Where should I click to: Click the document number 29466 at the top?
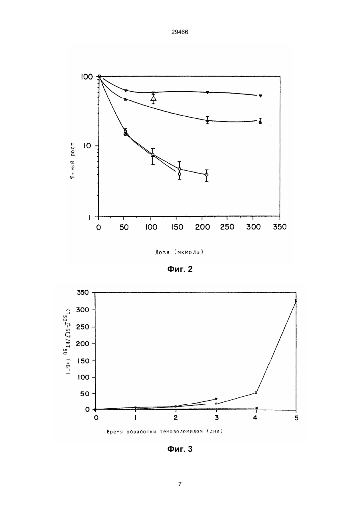[x=180, y=32]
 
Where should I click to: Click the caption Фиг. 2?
[x=180, y=269]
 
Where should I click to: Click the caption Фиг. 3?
[x=180, y=449]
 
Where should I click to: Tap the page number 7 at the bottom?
[x=180, y=484]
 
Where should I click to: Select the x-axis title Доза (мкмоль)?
[x=179, y=252]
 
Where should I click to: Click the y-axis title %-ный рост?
[x=72, y=160]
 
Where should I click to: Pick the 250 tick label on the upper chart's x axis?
[x=227, y=227]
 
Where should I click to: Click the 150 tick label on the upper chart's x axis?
[x=177, y=227]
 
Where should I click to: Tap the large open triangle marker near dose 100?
[x=154, y=99]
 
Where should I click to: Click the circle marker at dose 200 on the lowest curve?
[x=206, y=175]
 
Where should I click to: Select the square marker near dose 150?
[x=180, y=174]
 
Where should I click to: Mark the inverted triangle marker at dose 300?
[x=260, y=96]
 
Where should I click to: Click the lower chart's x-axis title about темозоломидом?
[x=165, y=431]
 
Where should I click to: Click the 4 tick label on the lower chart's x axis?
[x=256, y=418]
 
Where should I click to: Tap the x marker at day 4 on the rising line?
[x=256, y=393]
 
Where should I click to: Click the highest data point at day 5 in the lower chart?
[x=296, y=301]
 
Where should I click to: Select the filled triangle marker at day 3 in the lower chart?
[x=216, y=399]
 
